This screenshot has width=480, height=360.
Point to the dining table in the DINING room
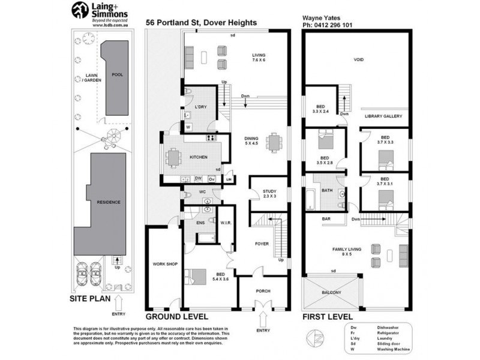[275, 142]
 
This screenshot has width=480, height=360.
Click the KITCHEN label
[199, 157]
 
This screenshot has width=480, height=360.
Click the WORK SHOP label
[163, 263]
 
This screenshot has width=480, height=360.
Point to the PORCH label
[263, 291]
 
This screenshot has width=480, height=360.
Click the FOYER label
[261, 244]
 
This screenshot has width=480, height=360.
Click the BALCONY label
[332, 292]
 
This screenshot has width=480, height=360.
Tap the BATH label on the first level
[327, 191]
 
